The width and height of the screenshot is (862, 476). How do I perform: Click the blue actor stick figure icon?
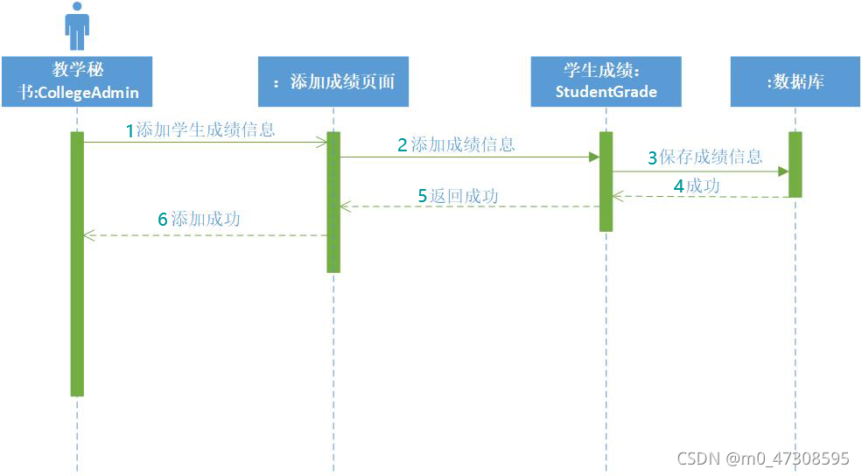[x=77, y=25]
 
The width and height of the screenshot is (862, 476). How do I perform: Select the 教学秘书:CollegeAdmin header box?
[x=77, y=81]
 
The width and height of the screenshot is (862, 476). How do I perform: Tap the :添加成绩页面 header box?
[x=333, y=81]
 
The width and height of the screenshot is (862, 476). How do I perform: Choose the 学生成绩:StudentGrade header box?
[x=606, y=81]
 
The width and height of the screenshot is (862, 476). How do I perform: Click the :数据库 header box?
[x=795, y=81]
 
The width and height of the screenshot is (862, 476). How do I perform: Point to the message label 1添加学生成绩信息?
[x=200, y=130]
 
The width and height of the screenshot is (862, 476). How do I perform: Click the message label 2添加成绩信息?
[x=456, y=145]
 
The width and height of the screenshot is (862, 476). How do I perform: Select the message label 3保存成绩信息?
[x=705, y=157]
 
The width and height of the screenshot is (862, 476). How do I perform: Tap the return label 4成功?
[x=697, y=185]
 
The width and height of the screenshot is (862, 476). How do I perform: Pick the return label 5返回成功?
[x=458, y=196]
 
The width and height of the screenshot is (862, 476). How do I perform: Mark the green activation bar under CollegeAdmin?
[x=77, y=263]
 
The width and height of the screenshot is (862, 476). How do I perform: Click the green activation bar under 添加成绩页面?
[x=333, y=201]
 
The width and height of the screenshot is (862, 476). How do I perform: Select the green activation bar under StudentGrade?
[x=606, y=181]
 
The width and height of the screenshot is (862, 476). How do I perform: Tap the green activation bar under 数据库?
[x=795, y=164]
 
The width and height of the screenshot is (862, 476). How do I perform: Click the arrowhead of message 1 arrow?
[x=322, y=142]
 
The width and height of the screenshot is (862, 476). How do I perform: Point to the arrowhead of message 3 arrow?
[x=783, y=171]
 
